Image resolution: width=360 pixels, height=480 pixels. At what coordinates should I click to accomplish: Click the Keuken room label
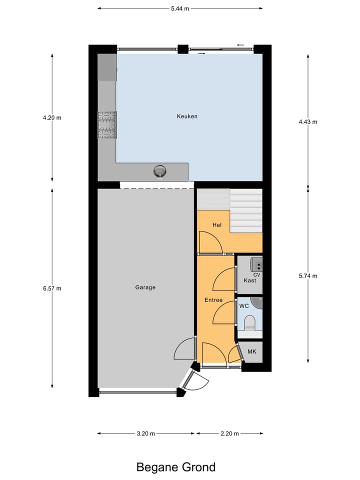click(x=187, y=116)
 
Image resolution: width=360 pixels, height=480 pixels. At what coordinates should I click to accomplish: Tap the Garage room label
click(x=145, y=287)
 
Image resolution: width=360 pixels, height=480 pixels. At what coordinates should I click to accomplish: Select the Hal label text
click(x=217, y=225)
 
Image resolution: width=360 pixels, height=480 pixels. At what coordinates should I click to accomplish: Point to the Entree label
click(x=213, y=300)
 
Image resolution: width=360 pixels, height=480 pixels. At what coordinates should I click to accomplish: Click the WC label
click(x=244, y=305)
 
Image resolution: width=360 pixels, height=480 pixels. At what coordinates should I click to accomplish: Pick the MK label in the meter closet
click(x=252, y=352)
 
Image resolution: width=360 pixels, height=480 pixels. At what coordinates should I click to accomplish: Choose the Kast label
click(x=250, y=280)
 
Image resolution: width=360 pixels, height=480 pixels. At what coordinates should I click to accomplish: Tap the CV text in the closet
click(x=257, y=274)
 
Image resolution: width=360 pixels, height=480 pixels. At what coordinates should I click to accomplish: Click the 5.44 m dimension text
click(x=180, y=8)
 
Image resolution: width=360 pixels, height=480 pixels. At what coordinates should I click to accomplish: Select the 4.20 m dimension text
click(x=52, y=118)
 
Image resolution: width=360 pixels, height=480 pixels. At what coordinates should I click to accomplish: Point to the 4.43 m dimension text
click(x=308, y=121)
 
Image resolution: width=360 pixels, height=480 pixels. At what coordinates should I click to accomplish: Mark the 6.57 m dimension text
click(x=52, y=288)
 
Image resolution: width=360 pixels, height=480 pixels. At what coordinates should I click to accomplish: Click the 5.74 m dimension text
click(x=308, y=276)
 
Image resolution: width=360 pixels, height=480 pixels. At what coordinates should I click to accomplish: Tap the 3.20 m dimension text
click(x=145, y=433)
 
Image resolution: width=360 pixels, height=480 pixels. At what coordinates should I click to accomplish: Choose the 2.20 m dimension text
click(x=229, y=433)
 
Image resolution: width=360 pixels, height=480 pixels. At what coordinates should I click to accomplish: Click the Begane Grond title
click(x=176, y=467)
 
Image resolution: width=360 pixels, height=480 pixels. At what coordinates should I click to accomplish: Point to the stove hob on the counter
click(x=107, y=125)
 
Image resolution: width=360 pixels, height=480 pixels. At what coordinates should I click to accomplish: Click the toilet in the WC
click(x=249, y=323)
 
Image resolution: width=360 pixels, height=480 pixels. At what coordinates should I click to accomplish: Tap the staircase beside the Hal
click(x=246, y=210)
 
